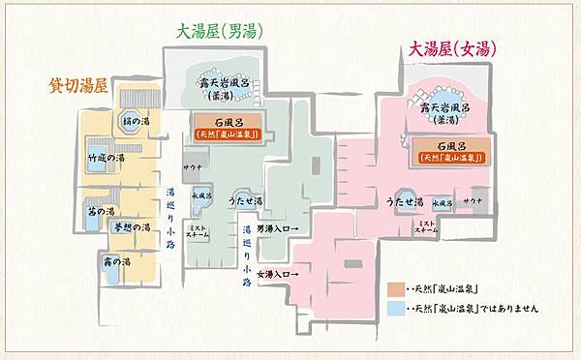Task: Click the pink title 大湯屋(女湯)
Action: (456, 49)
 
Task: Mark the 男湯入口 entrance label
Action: (277, 228)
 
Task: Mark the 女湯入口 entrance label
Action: (277, 274)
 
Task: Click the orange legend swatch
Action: (393, 289)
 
